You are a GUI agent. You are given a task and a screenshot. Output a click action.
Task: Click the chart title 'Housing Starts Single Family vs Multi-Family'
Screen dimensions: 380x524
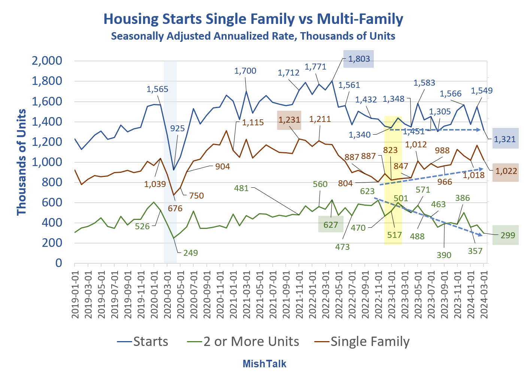coord(253,19)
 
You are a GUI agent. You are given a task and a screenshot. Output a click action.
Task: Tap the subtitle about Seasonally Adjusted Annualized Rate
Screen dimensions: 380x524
coord(253,36)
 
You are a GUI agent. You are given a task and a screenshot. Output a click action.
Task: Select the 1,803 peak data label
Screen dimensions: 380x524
coord(359,59)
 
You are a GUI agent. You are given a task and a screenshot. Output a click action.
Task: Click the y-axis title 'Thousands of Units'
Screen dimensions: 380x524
coord(21,162)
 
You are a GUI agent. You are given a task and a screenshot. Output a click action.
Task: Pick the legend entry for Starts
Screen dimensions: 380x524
coord(143,341)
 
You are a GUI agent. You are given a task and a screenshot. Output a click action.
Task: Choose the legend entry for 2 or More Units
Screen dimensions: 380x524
coord(243,341)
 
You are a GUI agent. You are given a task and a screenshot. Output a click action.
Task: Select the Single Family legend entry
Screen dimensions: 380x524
coord(362,341)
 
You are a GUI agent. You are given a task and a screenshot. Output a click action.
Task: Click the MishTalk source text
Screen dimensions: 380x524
coord(264,364)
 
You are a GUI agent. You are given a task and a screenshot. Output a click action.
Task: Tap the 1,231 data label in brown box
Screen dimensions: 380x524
coord(289,120)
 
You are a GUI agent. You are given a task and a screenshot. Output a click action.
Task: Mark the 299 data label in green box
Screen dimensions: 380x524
coord(508,235)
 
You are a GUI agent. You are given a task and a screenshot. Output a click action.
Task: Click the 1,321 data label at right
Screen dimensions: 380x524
coord(505,139)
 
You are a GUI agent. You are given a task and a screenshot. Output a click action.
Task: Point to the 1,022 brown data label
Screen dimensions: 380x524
coord(506,171)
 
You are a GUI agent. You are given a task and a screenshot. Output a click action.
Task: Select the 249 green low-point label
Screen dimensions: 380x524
coord(190,253)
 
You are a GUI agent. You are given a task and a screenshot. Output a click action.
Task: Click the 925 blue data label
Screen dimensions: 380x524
coord(178,128)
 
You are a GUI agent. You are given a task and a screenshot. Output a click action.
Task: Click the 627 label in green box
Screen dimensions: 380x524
coord(331,225)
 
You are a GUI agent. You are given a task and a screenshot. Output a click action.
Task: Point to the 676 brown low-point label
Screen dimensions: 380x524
coord(175,208)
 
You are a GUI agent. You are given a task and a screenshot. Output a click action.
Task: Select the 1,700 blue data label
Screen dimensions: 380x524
coord(245,71)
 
